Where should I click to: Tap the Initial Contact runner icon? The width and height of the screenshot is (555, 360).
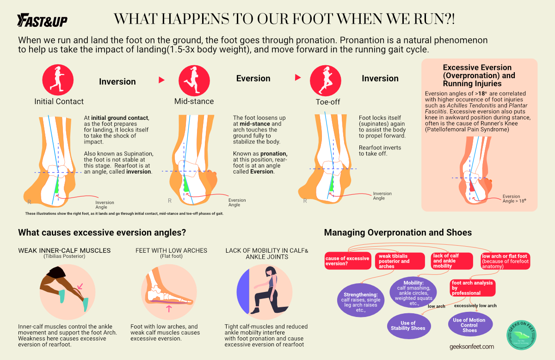(x=59, y=79)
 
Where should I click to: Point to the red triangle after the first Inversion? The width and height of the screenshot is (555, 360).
(x=161, y=80)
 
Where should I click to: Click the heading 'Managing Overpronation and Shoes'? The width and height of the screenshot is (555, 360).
(x=398, y=232)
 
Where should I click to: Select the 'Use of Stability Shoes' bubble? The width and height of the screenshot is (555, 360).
(x=407, y=326)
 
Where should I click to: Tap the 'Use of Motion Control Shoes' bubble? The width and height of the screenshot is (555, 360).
(x=469, y=325)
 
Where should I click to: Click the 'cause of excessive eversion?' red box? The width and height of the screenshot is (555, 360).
(x=347, y=261)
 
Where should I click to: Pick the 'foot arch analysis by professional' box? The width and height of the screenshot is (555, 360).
(x=472, y=288)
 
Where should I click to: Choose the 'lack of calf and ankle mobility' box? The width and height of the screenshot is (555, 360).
(x=451, y=261)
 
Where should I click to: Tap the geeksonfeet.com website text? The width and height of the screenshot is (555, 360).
(x=471, y=346)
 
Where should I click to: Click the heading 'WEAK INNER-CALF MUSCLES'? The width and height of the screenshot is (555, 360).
(x=64, y=250)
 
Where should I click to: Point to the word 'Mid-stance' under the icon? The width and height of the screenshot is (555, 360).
(x=194, y=101)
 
